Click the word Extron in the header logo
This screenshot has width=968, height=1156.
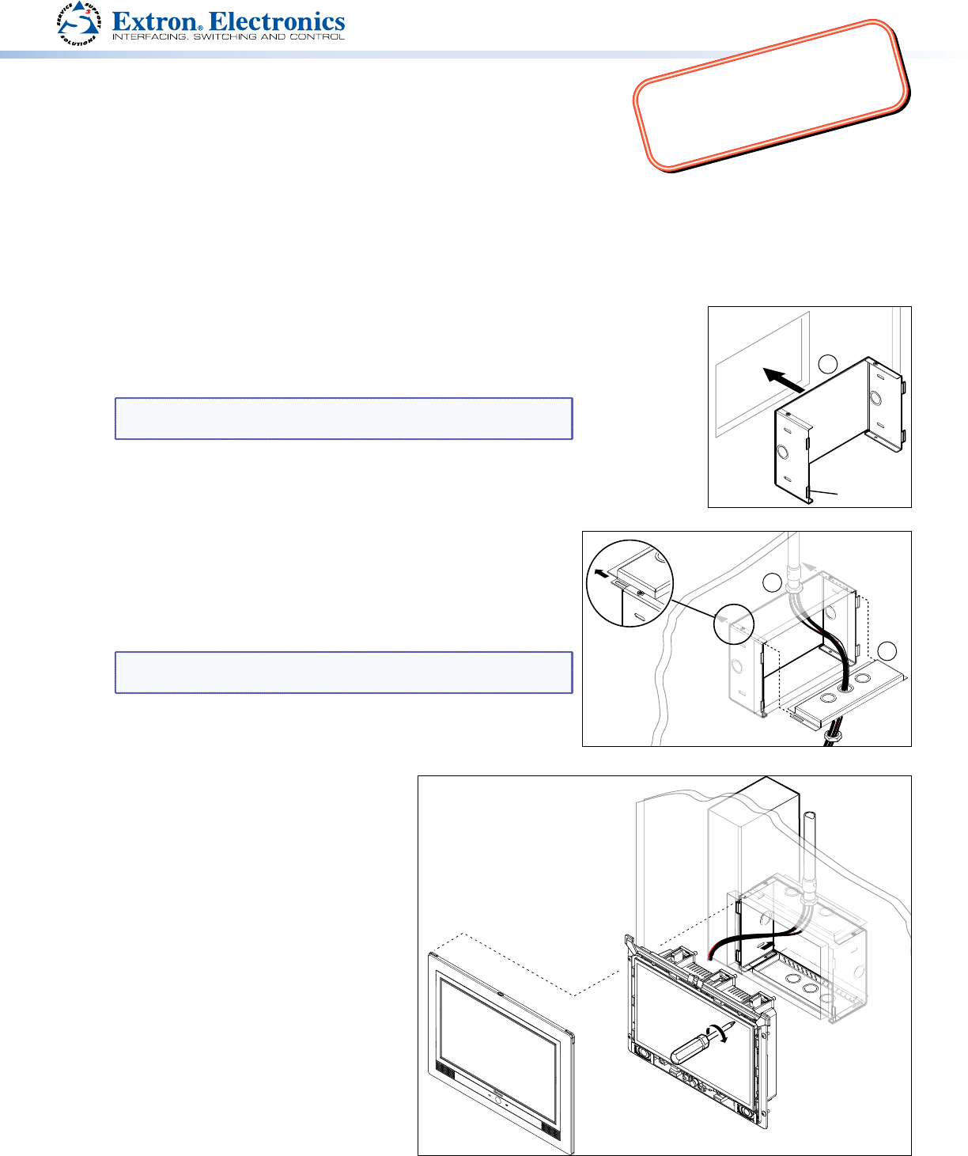(x=154, y=21)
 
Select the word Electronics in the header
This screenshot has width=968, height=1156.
(x=277, y=21)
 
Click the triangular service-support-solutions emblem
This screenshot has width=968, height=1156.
(x=79, y=24)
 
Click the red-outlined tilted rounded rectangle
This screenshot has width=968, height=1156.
(x=771, y=95)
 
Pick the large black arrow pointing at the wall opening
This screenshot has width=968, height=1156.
(x=783, y=380)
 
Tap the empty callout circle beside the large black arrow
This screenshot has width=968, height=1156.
(x=827, y=364)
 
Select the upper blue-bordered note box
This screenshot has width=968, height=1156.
(x=344, y=419)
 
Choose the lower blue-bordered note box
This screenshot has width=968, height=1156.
(x=344, y=673)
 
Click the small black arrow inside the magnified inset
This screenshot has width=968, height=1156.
(x=601, y=573)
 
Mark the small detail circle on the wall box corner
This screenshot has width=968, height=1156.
(x=734, y=624)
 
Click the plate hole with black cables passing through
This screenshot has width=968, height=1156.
(x=845, y=688)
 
